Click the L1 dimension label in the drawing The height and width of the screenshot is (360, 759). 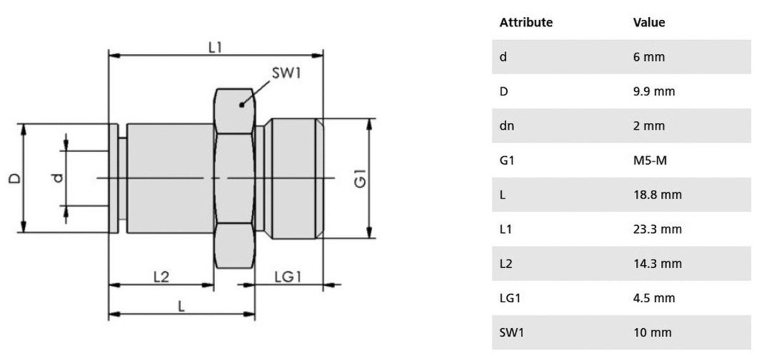tap(215, 47)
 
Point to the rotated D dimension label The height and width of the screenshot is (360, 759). tap(14, 178)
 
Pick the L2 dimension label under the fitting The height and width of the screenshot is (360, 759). tap(161, 276)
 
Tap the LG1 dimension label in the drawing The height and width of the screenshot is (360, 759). tap(288, 276)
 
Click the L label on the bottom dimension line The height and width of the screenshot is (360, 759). tap(181, 306)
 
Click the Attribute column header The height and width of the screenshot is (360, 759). tap(526, 22)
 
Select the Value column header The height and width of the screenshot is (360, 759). tap(649, 22)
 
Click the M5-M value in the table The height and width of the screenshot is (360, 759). tap(650, 161)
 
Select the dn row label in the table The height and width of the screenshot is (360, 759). tap(506, 126)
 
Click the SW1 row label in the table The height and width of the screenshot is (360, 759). tap(511, 333)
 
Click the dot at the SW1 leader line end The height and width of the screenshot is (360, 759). tap(242, 105)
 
